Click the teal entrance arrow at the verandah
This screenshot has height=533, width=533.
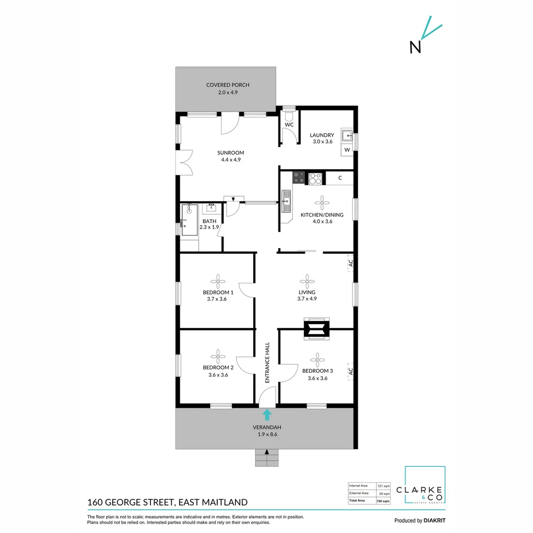pos(267,414)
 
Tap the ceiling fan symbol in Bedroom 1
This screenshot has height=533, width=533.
pos(218,281)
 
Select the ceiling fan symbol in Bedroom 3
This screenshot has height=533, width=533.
pos(317,359)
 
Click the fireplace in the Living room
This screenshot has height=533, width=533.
pos(316,329)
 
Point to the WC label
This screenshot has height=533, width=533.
pos(289,125)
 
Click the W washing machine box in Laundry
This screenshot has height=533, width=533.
pos(347,150)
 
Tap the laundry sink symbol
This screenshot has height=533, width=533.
pos(348,135)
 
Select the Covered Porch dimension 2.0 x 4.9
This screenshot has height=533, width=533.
pos(228,92)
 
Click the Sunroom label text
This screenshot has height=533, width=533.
pos(233,153)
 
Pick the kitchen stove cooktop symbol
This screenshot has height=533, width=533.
pos(315,178)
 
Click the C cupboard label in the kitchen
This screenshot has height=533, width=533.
pos(341,178)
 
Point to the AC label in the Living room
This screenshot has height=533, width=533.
pos(350,263)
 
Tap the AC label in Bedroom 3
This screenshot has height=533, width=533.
pos(350,371)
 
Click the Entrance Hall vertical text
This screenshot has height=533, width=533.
pos(267,363)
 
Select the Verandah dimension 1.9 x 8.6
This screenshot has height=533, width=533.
pos(266,435)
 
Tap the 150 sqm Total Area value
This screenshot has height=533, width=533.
pos(383,501)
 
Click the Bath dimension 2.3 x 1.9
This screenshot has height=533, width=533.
pos(209,228)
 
